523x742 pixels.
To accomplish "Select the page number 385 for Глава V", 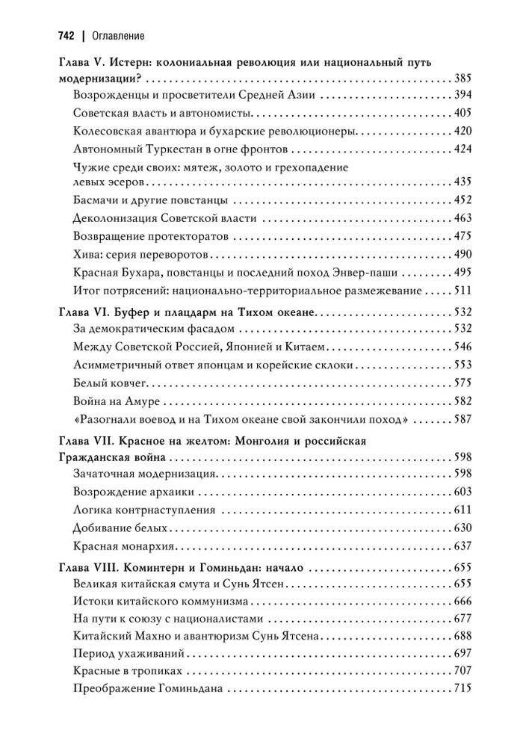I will pos(462,78).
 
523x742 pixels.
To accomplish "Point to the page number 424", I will pos(462,149).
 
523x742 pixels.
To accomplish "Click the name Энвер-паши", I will pos(407,271).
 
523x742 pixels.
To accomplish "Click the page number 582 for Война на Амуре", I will pos(462,401).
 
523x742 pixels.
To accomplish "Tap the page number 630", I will pos(462,528).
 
